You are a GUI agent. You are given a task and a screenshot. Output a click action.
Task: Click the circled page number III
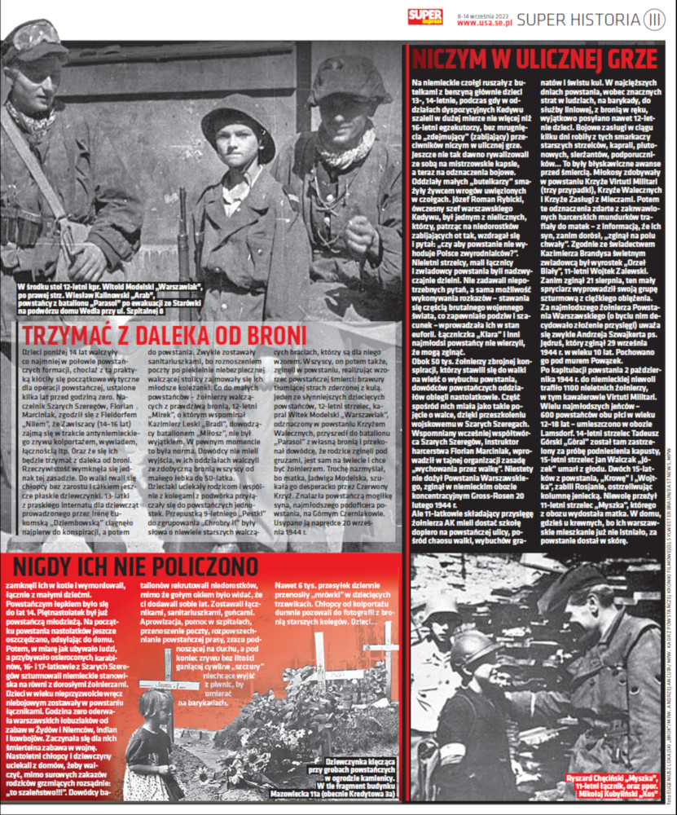654,20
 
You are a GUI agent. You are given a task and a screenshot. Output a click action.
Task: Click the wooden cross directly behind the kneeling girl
169,685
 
